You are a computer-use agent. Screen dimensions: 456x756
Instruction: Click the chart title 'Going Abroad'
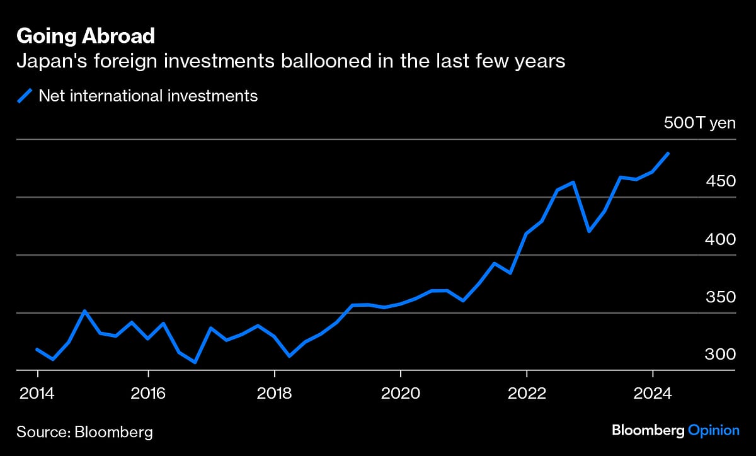tap(85, 37)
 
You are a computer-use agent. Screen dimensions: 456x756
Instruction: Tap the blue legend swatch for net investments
tap(25, 96)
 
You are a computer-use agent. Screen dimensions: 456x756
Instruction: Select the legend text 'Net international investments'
tap(148, 96)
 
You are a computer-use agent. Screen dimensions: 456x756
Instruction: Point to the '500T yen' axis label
tap(699, 123)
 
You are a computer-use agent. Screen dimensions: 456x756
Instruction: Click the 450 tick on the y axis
tap(721, 181)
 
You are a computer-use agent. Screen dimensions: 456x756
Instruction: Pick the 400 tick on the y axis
tap(721, 239)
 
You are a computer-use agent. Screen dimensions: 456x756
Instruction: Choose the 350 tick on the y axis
tap(721, 297)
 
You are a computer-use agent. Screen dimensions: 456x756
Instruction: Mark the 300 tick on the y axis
tap(721, 355)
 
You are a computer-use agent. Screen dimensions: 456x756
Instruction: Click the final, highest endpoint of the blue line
tap(668, 153)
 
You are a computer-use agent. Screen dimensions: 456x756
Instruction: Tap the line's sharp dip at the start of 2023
tap(589, 231)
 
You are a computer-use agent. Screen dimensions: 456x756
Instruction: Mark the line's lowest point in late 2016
tap(195, 362)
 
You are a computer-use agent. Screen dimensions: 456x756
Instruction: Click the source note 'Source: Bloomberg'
tap(84, 432)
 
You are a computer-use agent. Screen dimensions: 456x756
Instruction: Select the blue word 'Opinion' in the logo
tap(713, 431)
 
